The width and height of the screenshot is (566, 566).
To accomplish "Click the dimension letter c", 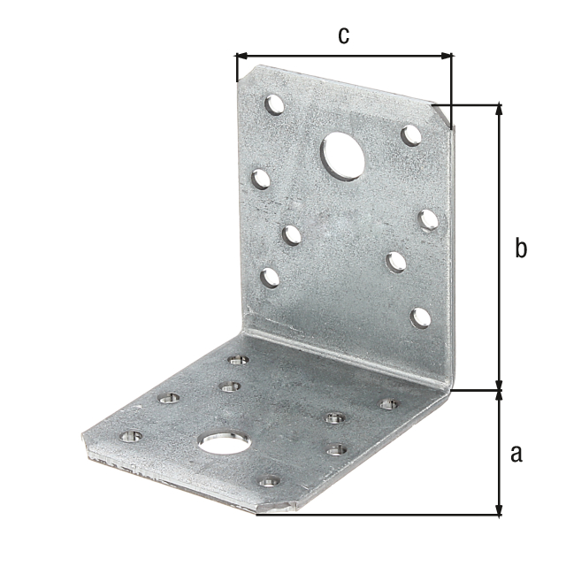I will click(x=343, y=34).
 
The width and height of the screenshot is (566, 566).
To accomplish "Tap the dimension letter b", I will click(x=521, y=249).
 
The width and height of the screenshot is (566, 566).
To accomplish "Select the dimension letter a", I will click(x=516, y=454).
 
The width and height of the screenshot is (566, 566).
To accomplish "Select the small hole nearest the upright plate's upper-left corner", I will click(x=275, y=104).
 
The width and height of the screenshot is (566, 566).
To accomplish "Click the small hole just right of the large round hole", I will click(x=411, y=135).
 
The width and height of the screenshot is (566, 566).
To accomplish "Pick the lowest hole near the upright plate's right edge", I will click(x=421, y=317).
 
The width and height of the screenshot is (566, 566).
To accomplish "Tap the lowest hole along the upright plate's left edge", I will click(x=271, y=278).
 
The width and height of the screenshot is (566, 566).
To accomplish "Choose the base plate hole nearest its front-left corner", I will click(x=131, y=436).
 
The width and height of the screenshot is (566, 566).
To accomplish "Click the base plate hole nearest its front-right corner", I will click(x=269, y=482).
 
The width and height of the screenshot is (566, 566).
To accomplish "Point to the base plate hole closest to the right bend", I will click(x=389, y=404).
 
